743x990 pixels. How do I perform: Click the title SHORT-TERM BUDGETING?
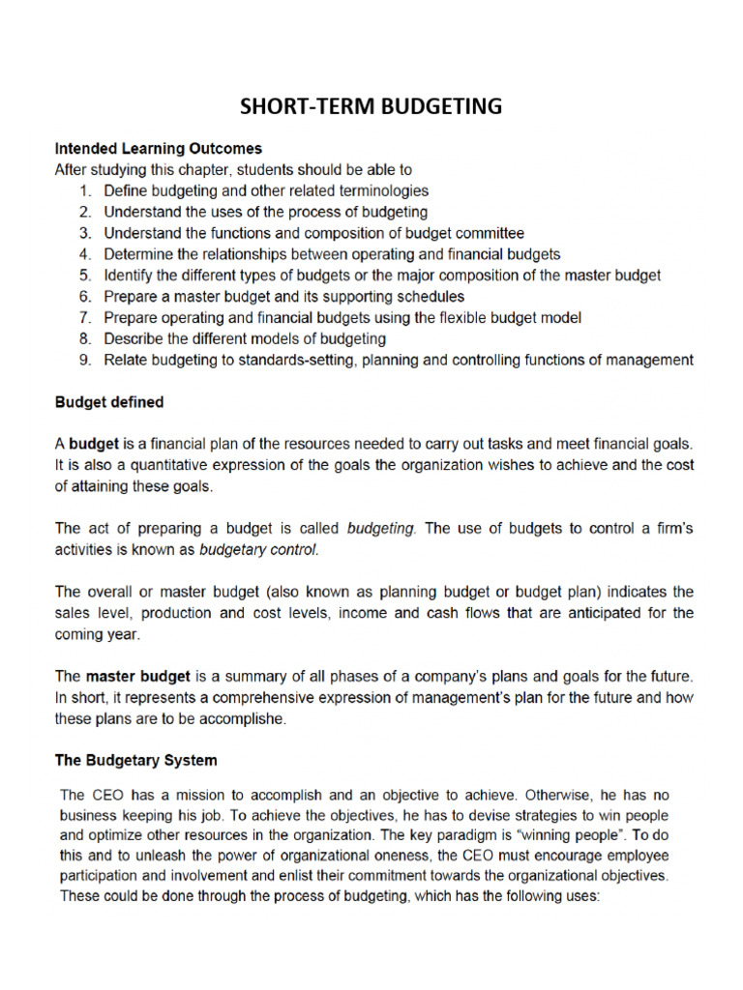371,106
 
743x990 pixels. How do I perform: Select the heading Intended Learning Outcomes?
158,149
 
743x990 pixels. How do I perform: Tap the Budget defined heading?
109,401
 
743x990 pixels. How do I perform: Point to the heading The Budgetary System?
135,760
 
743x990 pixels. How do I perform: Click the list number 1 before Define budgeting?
85,190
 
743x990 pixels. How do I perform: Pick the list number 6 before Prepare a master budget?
85,296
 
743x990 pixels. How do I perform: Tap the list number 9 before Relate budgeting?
85,360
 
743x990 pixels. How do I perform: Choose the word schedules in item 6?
430,296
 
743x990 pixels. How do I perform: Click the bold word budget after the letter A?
94,444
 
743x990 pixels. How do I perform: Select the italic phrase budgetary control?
257,550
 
